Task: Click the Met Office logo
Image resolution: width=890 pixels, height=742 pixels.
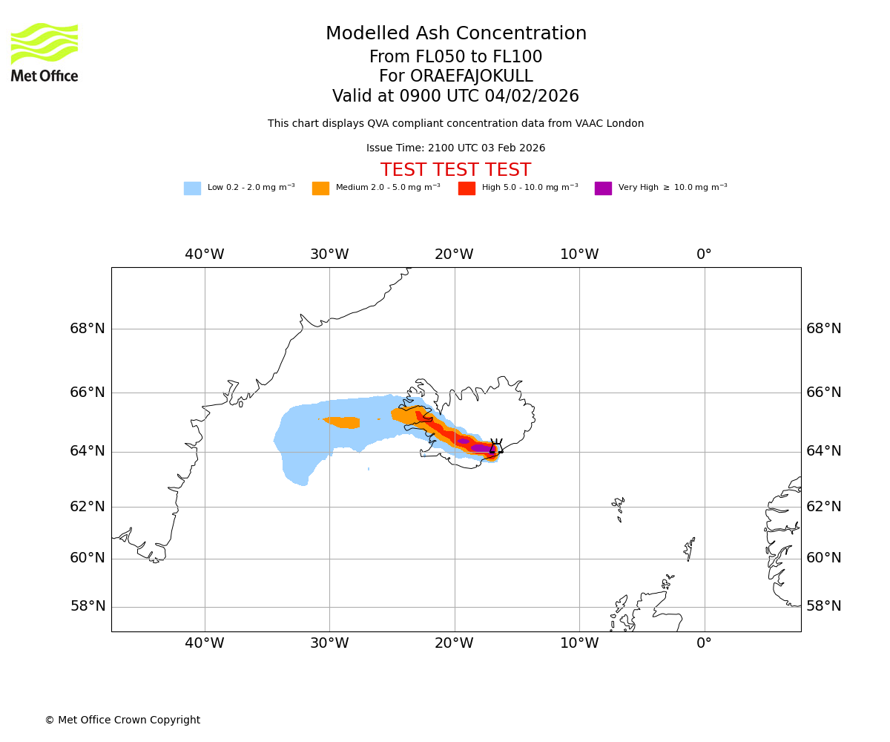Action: [44, 52]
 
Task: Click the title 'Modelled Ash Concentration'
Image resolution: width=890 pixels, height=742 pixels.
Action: [456, 34]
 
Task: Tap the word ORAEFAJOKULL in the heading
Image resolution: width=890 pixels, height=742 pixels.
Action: [456, 76]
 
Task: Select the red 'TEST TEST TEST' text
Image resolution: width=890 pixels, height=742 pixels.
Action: [455, 170]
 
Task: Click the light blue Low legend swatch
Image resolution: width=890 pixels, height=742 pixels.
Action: [192, 188]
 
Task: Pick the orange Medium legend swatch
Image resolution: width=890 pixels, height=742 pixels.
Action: [320, 188]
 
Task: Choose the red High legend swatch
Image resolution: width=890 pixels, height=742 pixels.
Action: [467, 188]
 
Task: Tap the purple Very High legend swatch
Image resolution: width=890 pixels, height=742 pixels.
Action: [603, 188]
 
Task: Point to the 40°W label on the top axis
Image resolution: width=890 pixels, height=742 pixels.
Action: [205, 255]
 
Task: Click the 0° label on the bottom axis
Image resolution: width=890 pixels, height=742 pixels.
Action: [704, 643]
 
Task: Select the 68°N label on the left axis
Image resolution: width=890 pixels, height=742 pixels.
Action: [88, 329]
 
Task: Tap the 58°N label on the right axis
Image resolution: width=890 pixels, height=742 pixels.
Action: [824, 606]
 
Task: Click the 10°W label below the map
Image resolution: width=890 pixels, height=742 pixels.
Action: [579, 643]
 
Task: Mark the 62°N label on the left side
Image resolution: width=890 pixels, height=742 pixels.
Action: [88, 507]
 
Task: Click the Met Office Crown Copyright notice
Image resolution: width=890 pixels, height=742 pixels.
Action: [122, 720]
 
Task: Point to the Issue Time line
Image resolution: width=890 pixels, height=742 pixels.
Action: [455, 148]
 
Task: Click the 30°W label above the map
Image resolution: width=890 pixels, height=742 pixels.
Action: [329, 255]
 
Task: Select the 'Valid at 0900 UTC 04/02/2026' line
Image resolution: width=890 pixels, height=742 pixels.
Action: [455, 96]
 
